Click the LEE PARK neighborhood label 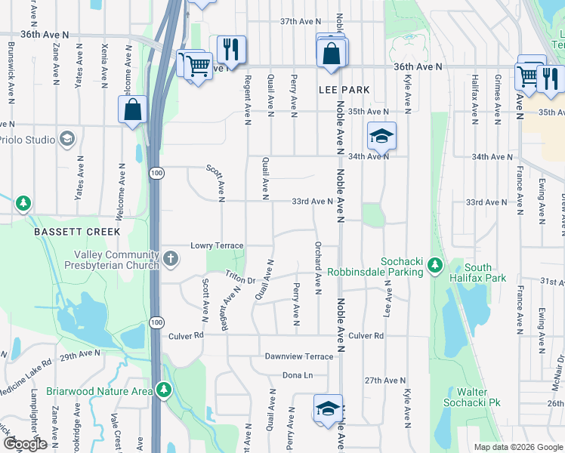tap(344, 90)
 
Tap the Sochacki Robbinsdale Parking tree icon tap(434, 266)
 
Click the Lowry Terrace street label tap(217, 246)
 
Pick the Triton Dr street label tap(241, 280)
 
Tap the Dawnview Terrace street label tap(298, 356)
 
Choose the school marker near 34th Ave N tap(381, 137)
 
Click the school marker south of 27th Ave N tap(328, 409)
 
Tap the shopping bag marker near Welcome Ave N tap(133, 109)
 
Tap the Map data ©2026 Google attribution tap(518, 447)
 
